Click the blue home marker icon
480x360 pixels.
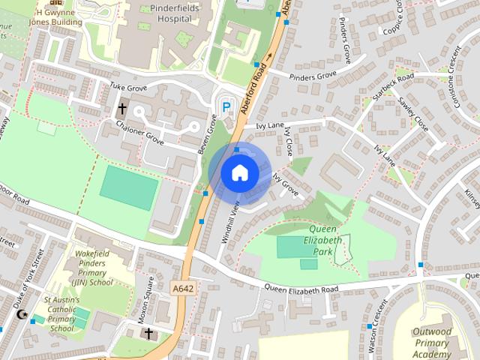(239, 173)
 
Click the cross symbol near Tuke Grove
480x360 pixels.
(121, 109)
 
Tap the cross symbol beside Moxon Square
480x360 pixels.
(148, 333)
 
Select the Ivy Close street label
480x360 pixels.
(289, 140)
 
